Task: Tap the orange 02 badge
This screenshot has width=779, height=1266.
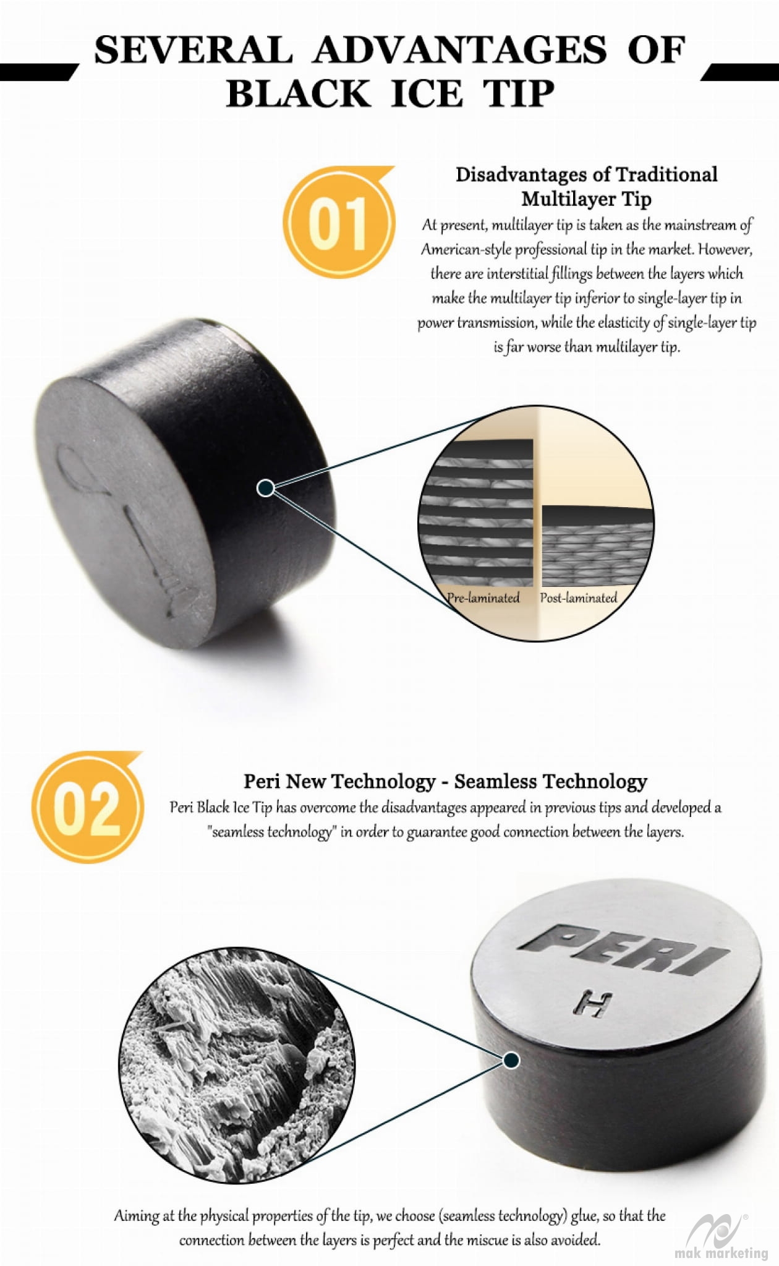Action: (88, 806)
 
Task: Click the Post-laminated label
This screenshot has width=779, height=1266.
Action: (579, 597)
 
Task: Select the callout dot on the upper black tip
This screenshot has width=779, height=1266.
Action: (265, 488)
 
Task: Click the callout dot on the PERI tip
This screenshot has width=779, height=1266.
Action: (511, 1060)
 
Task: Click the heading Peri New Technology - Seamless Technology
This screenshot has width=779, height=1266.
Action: (445, 781)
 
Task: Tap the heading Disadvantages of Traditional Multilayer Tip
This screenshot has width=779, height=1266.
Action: (586, 186)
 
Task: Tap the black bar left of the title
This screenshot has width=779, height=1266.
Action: (38, 72)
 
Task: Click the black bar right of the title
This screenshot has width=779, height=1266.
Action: (740, 72)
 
